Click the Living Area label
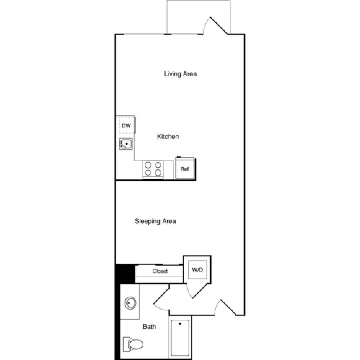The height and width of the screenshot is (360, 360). [180, 74]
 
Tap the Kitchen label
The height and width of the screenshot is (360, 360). [168, 137]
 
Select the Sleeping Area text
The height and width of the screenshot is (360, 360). [155, 221]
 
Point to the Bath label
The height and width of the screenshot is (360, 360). [149, 327]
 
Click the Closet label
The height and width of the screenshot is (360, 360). [160, 271]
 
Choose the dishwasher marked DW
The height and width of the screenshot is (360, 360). [126, 126]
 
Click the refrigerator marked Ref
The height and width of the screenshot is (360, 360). [184, 169]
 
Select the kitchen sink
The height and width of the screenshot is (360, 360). [126, 144]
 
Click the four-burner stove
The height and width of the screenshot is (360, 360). [153, 169]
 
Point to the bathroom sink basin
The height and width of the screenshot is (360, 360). [130, 303]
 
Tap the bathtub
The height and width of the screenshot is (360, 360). [180, 338]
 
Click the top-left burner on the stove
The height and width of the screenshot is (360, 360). [148, 165]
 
